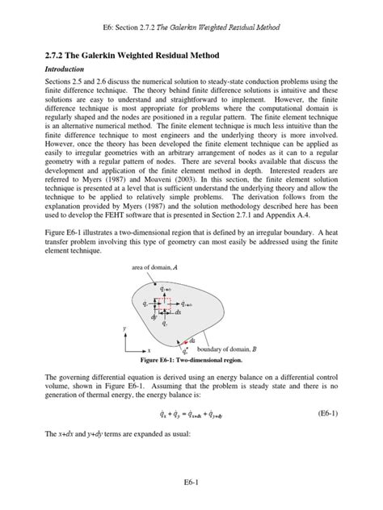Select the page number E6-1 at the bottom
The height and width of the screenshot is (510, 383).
tap(191, 482)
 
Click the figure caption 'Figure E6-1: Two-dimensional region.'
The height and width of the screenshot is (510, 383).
tap(191, 360)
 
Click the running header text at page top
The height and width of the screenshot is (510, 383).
tap(191, 27)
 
